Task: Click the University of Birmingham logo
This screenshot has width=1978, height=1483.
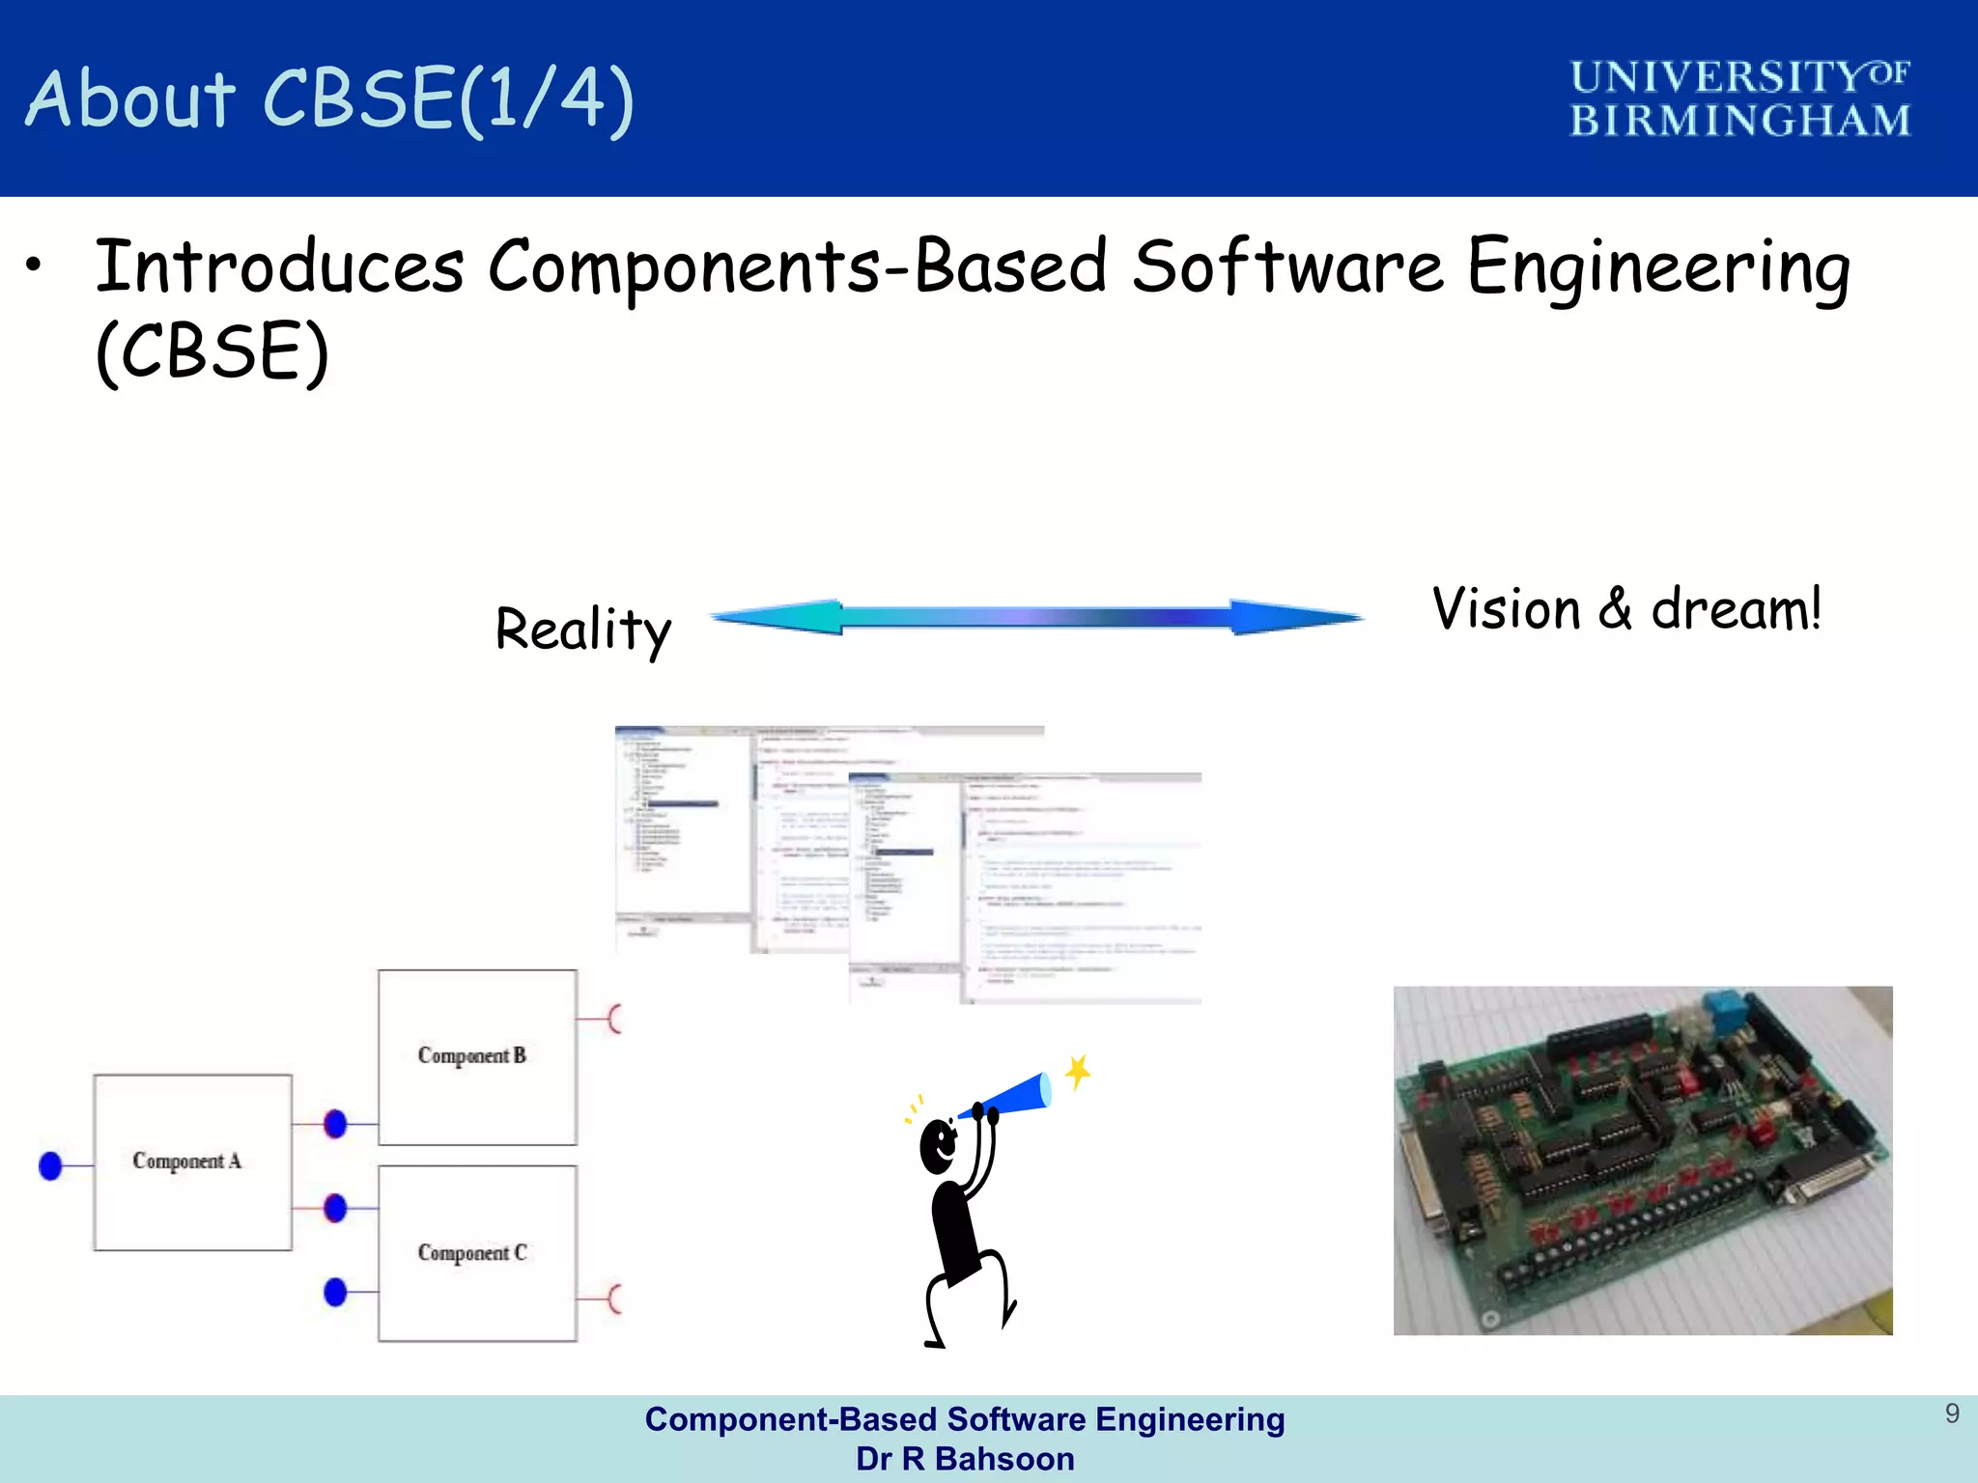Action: tap(1738, 98)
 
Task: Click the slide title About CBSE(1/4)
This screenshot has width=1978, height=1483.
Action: tap(328, 98)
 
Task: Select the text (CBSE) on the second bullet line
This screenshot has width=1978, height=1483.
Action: tap(212, 351)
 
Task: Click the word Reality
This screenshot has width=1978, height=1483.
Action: tap(582, 630)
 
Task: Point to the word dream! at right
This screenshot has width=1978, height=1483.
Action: tap(1736, 609)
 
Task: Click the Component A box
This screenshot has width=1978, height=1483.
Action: tap(192, 1161)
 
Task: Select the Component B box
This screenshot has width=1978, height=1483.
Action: tap(477, 1056)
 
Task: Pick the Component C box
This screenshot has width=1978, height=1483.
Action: tap(477, 1252)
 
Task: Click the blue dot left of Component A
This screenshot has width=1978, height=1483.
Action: tap(50, 1166)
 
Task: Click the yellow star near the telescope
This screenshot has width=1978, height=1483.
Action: tap(1078, 1071)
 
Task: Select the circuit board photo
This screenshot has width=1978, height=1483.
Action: tap(1642, 1161)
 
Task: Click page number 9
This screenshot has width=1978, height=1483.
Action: tap(1952, 1413)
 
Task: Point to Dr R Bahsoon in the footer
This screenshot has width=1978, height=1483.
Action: tap(965, 1459)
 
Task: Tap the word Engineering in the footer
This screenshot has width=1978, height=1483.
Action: tap(1190, 1419)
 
